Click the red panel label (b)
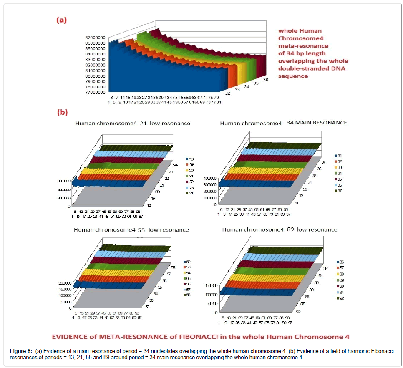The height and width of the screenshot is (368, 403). [x=62, y=112]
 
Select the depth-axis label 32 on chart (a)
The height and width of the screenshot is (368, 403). [x=227, y=93]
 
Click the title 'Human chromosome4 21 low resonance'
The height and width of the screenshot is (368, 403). [x=132, y=124]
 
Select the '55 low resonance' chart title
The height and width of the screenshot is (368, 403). [x=131, y=230]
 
